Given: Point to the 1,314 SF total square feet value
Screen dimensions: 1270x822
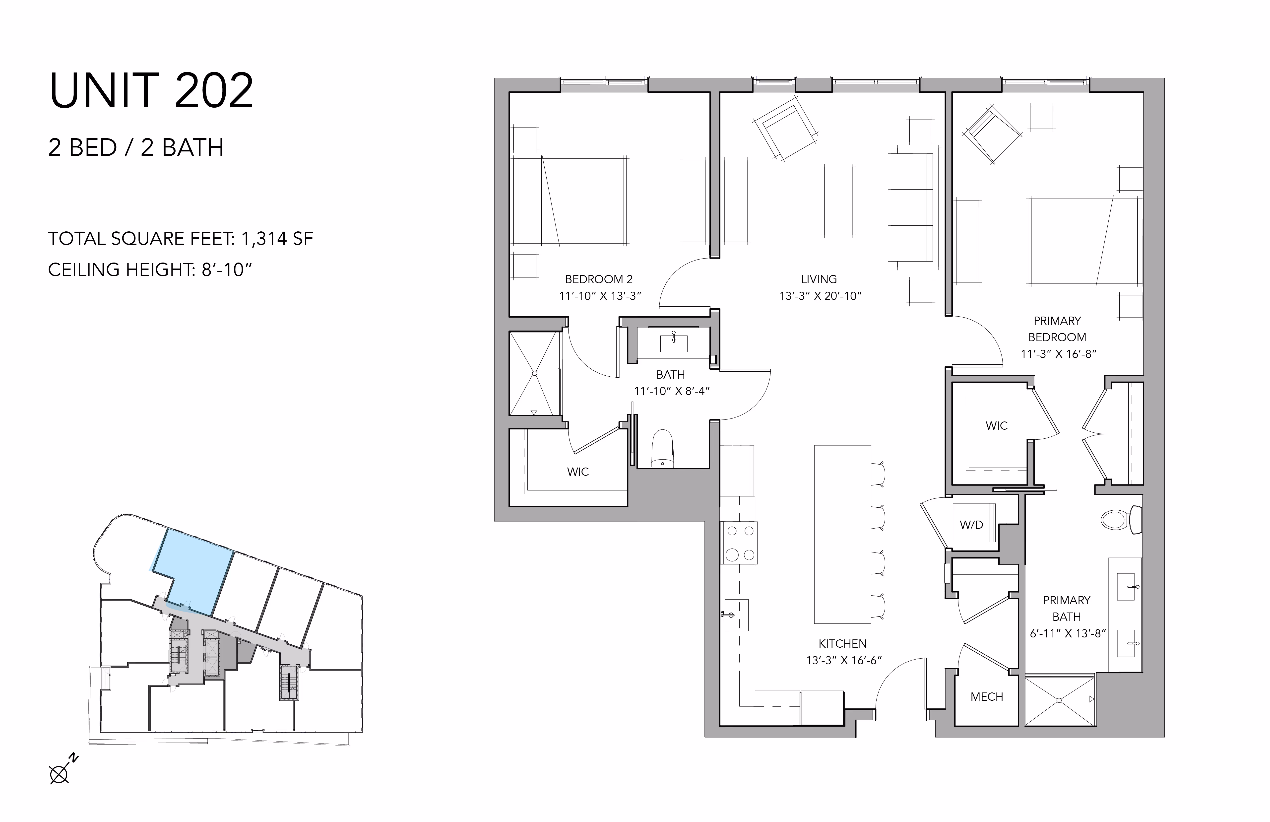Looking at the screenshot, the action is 277,239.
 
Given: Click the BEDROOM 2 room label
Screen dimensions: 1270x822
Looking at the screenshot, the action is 599,279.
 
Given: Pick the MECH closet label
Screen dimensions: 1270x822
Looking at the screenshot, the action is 987,696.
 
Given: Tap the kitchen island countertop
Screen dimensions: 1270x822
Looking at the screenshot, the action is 843,534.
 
